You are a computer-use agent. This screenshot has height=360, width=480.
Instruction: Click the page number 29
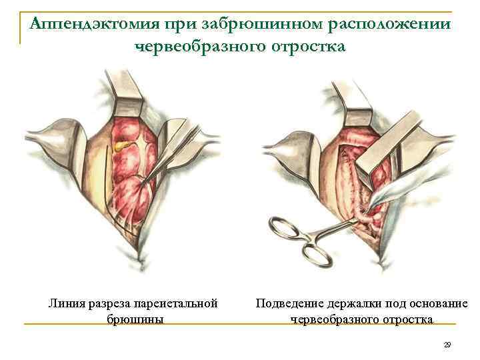(447, 345)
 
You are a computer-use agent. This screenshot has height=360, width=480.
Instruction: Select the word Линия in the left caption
(65, 304)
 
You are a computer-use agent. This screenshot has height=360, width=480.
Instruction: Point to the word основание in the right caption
(439, 304)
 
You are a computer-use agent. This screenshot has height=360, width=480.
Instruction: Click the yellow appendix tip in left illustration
(121, 144)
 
